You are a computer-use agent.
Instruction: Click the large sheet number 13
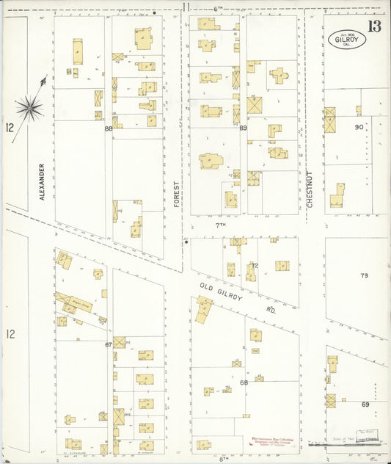375,28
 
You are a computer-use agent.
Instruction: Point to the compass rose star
29,108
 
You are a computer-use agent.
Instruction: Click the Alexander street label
42,181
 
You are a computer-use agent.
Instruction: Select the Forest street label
177,194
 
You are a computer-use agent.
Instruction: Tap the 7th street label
219,225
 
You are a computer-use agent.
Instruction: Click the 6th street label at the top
217,7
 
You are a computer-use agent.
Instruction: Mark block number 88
109,129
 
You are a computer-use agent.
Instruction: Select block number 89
243,128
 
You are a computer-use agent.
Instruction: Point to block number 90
359,127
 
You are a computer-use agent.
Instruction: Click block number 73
365,275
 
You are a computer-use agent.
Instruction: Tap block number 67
109,344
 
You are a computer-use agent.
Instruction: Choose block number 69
365,405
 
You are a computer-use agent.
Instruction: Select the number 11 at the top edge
187,7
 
